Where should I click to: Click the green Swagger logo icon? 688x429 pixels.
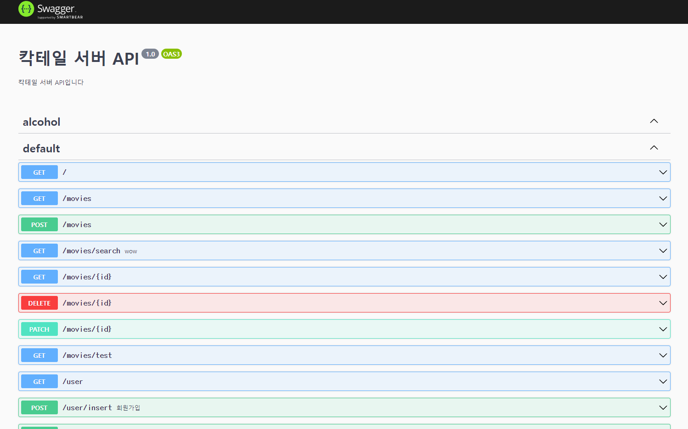26,9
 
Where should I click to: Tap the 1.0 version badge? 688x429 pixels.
150,54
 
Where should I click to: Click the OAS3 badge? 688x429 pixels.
171,54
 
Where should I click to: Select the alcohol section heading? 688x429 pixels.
42,122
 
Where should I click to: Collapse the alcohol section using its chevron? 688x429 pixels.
654,121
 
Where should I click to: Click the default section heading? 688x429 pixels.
41,149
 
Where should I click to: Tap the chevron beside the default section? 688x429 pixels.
654,148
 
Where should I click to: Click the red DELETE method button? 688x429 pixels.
39,303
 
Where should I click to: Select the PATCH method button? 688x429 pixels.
39,329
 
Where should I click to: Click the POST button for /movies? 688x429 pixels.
39,225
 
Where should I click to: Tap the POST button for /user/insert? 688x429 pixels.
39,408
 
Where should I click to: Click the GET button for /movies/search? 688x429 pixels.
39,251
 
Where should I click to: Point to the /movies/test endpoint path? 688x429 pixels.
87,356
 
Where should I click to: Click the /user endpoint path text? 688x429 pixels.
73,382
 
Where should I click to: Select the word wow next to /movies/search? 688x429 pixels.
131,251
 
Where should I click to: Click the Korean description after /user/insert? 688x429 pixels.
128,408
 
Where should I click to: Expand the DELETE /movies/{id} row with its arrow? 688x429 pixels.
663,303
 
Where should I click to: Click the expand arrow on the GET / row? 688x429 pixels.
663,173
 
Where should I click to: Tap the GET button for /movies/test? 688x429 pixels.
39,356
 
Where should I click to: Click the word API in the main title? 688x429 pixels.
125,59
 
